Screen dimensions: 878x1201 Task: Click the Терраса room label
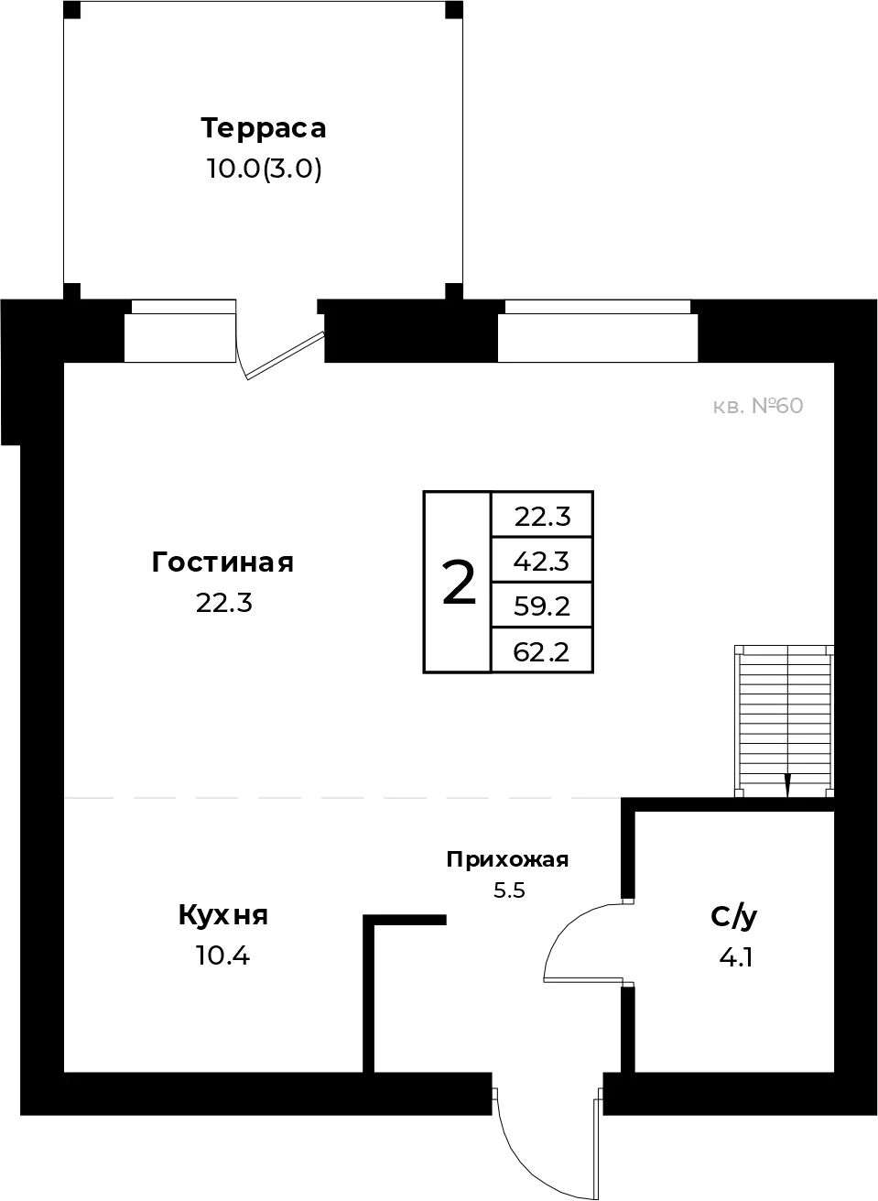[x=264, y=128]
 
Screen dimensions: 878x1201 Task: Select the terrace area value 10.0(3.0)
[x=264, y=169]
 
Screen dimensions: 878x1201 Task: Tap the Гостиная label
[x=222, y=563]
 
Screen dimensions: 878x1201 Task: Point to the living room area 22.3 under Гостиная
[x=224, y=604]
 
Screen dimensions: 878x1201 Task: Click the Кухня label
[x=222, y=916]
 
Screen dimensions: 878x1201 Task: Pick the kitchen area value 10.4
[x=222, y=955]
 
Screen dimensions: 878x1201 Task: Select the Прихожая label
[x=507, y=860]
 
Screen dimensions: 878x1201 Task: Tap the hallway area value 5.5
[x=509, y=890]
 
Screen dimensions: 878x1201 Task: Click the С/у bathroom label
[x=734, y=917]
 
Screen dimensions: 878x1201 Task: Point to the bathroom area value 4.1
[x=736, y=957]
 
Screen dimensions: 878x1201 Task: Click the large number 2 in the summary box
[x=459, y=582]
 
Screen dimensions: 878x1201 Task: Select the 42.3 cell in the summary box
[x=542, y=561]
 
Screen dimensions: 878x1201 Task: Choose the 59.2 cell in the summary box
[x=542, y=606]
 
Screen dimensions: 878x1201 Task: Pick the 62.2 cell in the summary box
[x=542, y=651]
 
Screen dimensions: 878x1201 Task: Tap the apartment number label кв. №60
[x=758, y=407]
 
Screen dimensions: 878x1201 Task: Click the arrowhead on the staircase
[x=787, y=787]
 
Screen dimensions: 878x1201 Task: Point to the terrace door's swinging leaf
[x=285, y=355]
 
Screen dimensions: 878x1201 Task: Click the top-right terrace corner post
[x=454, y=10]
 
